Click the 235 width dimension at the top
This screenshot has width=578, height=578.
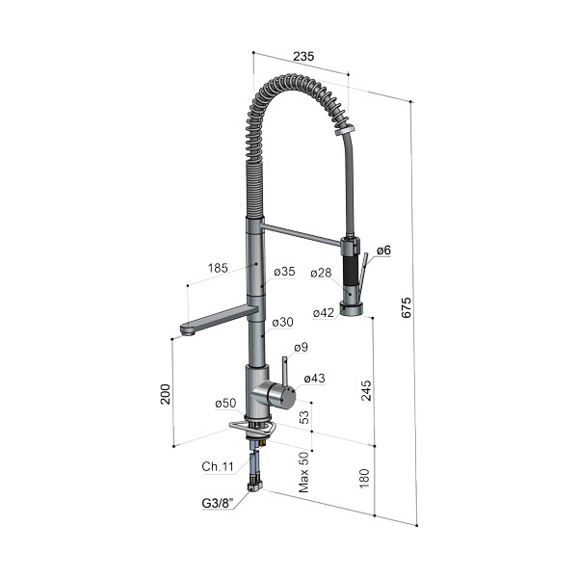coord(303,57)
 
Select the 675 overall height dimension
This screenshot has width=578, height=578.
coord(406,307)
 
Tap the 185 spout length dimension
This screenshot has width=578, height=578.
coord(218,268)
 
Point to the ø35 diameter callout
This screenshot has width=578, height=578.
coord(284,272)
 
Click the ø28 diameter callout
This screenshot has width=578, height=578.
coord(321,273)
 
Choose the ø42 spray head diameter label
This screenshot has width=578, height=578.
coord(324,313)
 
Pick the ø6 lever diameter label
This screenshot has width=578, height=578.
coord(383,250)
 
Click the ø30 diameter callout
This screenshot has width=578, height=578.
coord(282,322)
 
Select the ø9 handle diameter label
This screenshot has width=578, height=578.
coord(301,347)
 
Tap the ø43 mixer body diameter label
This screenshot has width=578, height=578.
coord(314,379)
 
